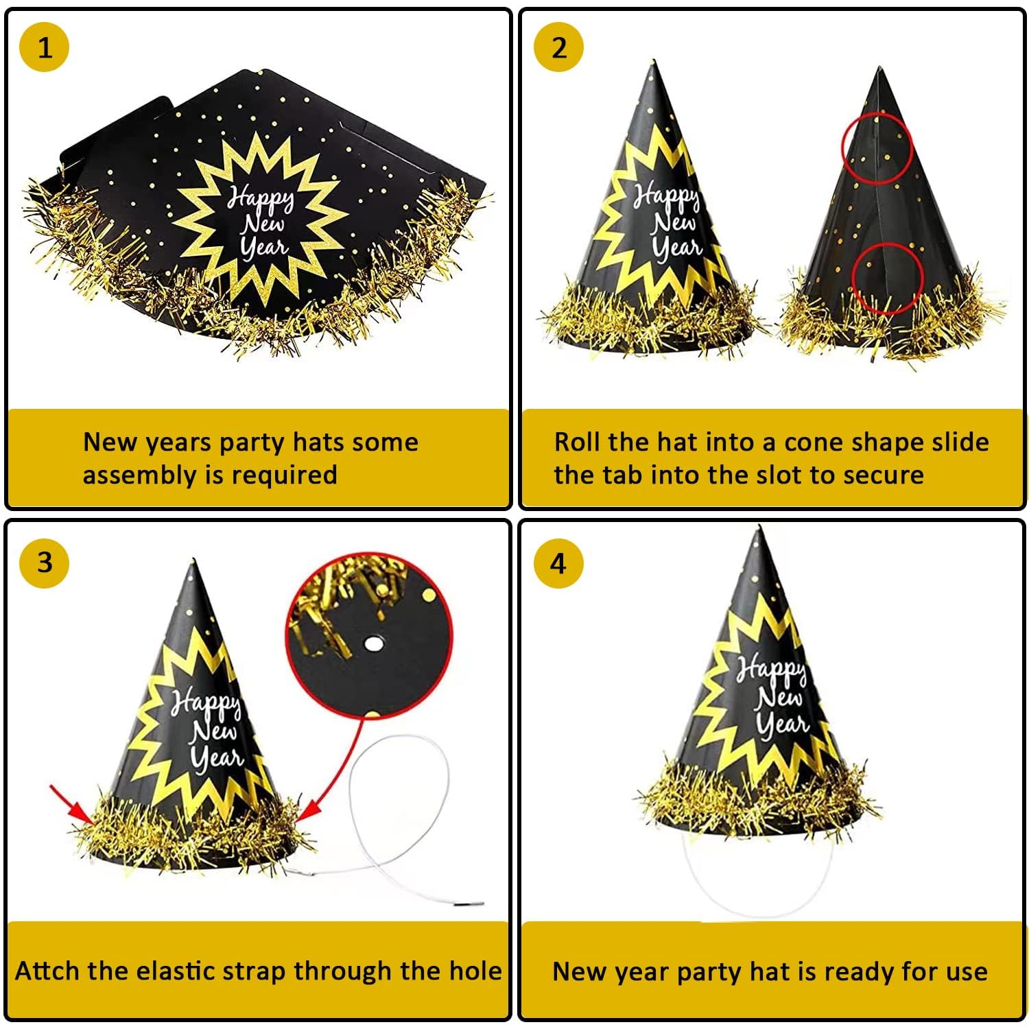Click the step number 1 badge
point(45,48)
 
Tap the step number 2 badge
point(559,48)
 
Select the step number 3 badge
point(45,563)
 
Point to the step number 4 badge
point(559,563)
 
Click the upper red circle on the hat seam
point(843,148)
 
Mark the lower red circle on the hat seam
point(853,277)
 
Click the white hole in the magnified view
point(373,643)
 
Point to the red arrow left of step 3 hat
point(72,804)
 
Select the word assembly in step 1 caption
point(139,475)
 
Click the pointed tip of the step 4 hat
point(759,527)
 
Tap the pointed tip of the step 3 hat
point(193,560)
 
